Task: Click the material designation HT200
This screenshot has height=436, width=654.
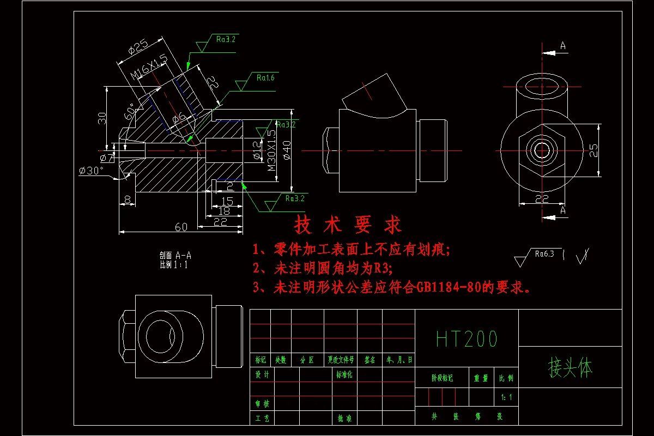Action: [467, 339]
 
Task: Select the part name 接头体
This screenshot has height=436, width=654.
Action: [570, 368]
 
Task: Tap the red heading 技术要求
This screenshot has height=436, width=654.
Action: [348, 224]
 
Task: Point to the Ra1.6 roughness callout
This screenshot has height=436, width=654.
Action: [265, 78]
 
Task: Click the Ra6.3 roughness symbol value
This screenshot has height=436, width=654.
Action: [544, 253]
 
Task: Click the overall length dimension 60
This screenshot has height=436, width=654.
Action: [181, 227]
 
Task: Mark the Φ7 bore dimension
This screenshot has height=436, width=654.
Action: [107, 158]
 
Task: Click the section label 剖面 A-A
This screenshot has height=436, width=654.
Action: [175, 255]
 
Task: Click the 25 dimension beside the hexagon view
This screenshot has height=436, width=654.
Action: [594, 150]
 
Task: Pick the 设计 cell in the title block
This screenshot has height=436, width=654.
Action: [262, 375]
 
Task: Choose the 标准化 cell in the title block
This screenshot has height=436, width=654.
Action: [344, 375]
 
